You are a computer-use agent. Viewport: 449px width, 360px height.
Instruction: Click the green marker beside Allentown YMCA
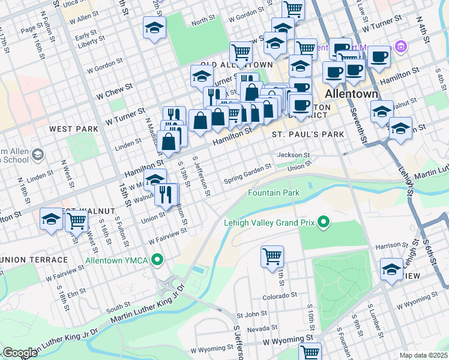(157, 260)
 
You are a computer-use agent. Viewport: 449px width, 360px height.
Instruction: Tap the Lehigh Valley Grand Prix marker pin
(325, 223)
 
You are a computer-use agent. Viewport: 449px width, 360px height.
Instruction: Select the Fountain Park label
(274, 193)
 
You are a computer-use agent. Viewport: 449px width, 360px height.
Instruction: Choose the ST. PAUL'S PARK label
(308, 134)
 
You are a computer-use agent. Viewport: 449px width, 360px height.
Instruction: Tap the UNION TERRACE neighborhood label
(34, 259)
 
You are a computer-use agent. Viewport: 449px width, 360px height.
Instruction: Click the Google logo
(20, 353)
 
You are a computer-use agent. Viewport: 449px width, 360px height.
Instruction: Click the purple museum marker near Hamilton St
(401, 46)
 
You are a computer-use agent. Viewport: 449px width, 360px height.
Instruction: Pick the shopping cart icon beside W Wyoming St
(310, 352)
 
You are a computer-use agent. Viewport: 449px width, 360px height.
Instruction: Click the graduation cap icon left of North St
(155, 28)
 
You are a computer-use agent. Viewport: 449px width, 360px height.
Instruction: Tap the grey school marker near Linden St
(37, 155)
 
